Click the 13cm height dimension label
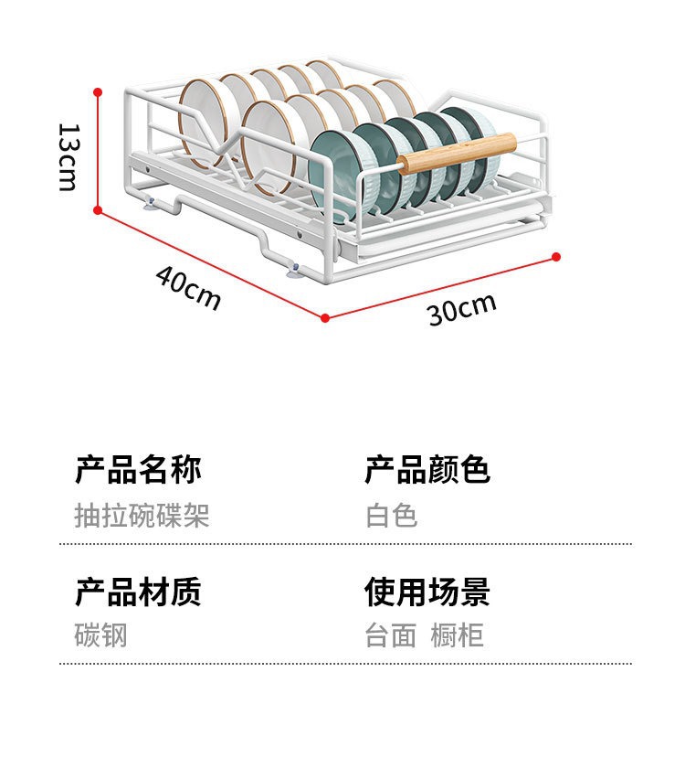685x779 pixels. [x=67, y=156]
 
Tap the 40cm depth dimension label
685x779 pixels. [x=188, y=286]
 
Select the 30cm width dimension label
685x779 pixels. [x=462, y=310]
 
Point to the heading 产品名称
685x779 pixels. [x=138, y=470]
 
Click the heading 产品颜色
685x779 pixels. [x=427, y=470]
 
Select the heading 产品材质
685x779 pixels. [x=138, y=592]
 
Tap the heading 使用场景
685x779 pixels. [x=427, y=592]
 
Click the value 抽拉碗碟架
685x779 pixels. [x=142, y=516]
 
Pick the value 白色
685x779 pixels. [x=392, y=516]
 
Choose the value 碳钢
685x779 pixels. [x=100, y=635]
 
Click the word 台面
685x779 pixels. [x=391, y=635]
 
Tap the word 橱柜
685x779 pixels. [x=458, y=635]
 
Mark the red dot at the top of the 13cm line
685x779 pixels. [x=98, y=91]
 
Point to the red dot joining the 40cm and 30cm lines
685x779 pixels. [x=325, y=318]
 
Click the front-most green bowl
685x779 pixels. [x=343, y=174]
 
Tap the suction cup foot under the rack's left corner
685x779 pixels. [x=148, y=202]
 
